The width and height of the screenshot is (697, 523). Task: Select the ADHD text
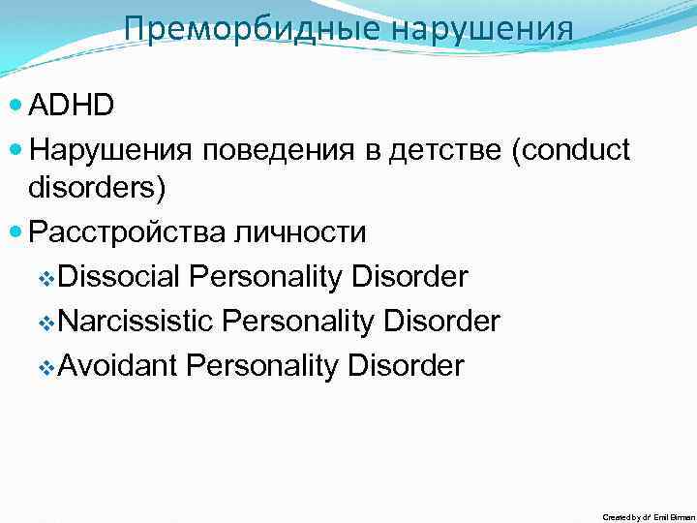73,105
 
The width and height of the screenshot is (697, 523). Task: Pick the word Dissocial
119,278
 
